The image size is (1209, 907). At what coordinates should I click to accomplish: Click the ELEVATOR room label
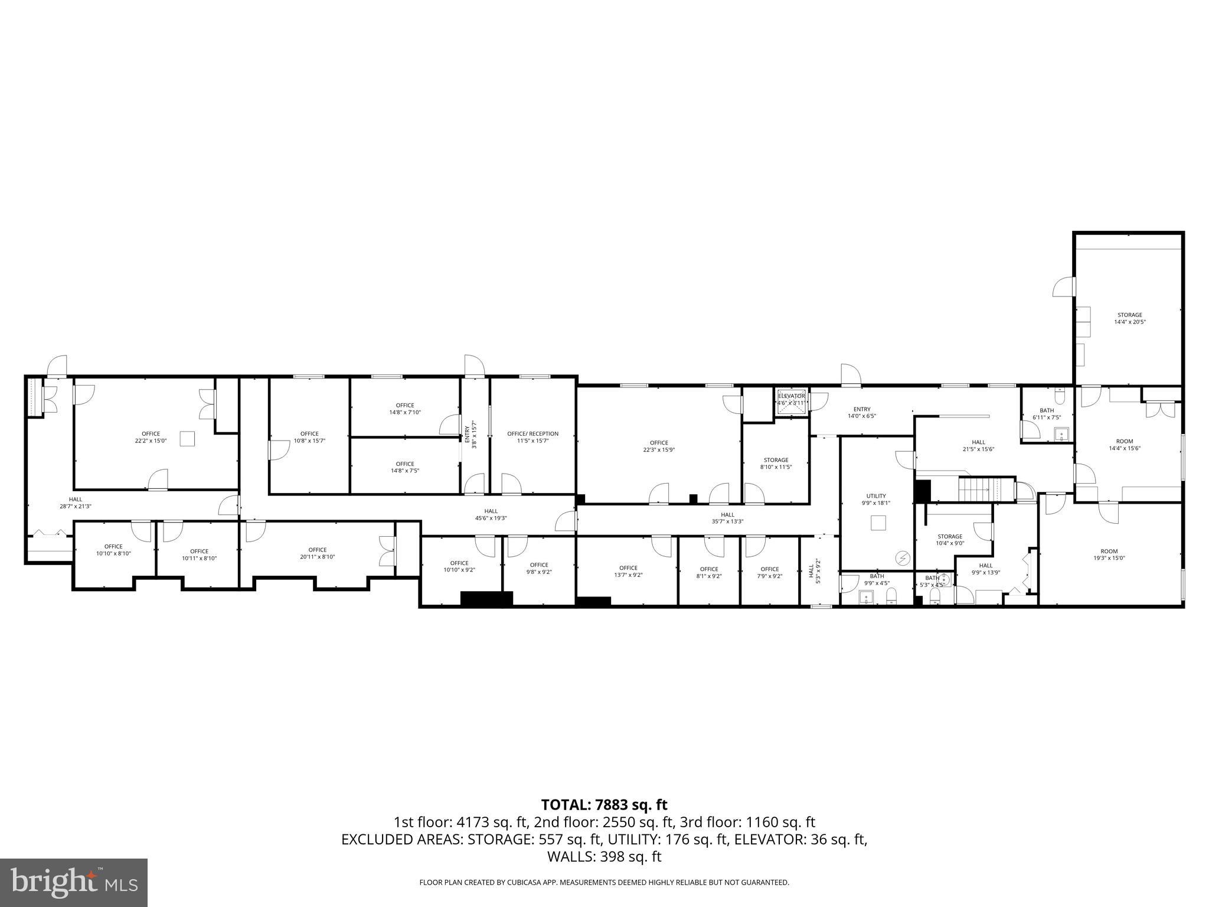click(791, 399)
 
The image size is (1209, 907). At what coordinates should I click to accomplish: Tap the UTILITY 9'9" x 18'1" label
click(876, 500)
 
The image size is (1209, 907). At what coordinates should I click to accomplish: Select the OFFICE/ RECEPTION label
click(532, 437)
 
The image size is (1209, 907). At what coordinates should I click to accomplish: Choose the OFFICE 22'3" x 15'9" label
click(659, 446)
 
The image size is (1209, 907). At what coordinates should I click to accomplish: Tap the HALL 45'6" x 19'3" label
click(491, 514)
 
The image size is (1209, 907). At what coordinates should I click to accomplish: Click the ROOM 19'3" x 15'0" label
click(1109, 554)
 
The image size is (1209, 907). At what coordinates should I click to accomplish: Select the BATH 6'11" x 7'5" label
click(1047, 414)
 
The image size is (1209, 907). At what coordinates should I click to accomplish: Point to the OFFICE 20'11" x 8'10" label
click(317, 553)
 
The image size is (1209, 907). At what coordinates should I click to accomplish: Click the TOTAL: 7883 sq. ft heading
click(604, 805)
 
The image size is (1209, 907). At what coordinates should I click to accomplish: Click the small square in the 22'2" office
click(187, 439)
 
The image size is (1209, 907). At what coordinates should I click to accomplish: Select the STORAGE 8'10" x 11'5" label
click(776, 464)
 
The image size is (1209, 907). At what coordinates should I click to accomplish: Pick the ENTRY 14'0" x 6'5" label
click(861, 412)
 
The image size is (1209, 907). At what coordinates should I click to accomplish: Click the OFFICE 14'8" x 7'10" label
click(405, 409)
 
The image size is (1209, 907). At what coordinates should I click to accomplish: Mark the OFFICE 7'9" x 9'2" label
click(769, 572)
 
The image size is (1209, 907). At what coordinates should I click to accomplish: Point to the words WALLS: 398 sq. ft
click(604, 857)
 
